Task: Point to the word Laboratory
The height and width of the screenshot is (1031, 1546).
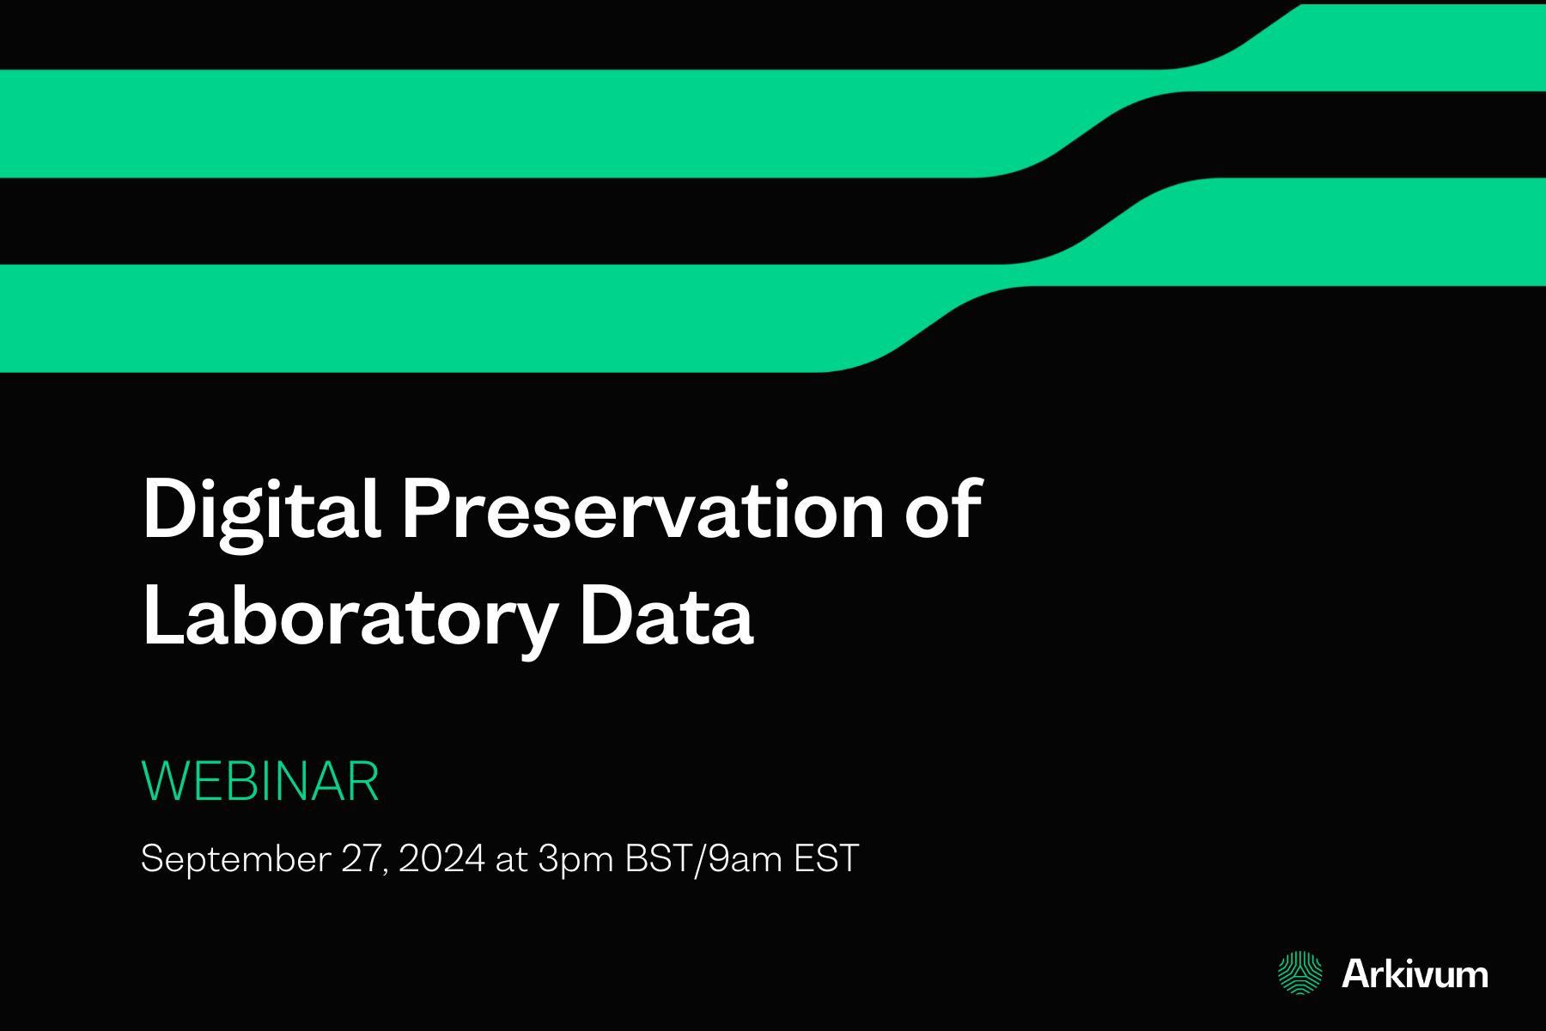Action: pyautogui.click(x=350, y=617)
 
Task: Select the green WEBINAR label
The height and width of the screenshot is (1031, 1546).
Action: pyautogui.click(x=259, y=781)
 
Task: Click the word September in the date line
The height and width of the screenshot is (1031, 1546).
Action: pyautogui.click(x=235, y=858)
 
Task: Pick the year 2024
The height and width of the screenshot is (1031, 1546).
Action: pyautogui.click(x=441, y=858)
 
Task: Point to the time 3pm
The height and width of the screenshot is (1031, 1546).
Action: pyautogui.click(x=575, y=858)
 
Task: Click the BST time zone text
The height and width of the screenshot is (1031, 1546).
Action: pyautogui.click(x=658, y=858)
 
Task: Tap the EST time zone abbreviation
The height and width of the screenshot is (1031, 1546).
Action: pyautogui.click(x=826, y=858)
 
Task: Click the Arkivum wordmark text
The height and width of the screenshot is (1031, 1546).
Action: pyautogui.click(x=1415, y=974)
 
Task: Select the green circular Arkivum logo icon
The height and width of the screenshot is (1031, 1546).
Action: pyautogui.click(x=1300, y=973)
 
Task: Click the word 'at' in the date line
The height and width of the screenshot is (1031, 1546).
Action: pyautogui.click(x=511, y=858)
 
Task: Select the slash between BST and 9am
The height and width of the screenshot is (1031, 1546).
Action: pyautogui.click(x=700, y=858)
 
